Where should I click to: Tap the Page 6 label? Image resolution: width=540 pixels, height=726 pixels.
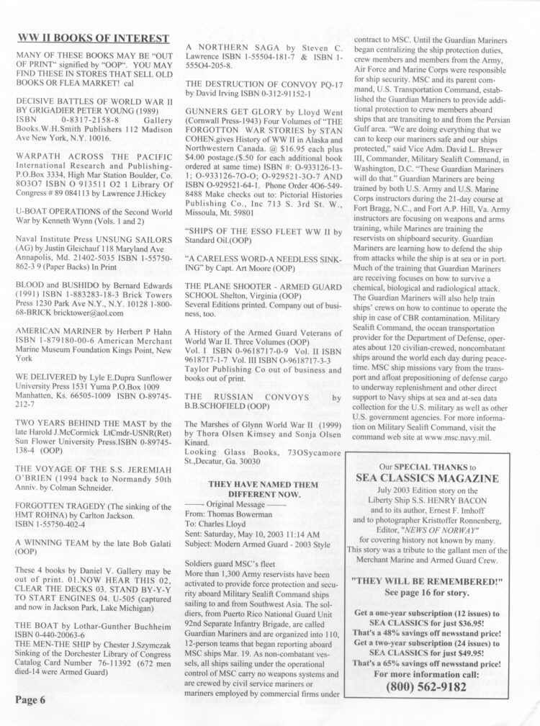(x=31, y=699)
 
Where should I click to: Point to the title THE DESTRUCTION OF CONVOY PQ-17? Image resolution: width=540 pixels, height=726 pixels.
(x=264, y=83)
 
